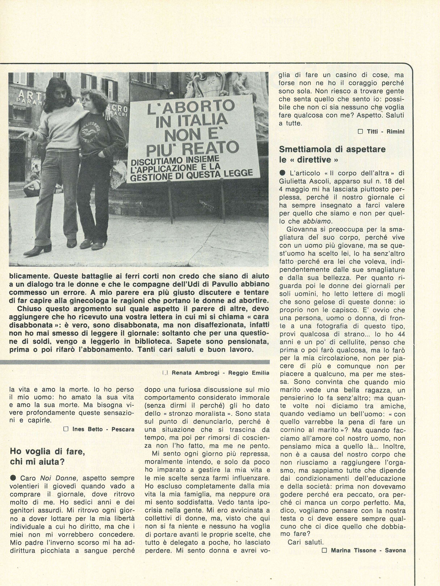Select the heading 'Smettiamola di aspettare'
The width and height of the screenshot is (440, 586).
coord(332,149)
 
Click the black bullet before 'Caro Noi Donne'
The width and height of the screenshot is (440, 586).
coord(12,478)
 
